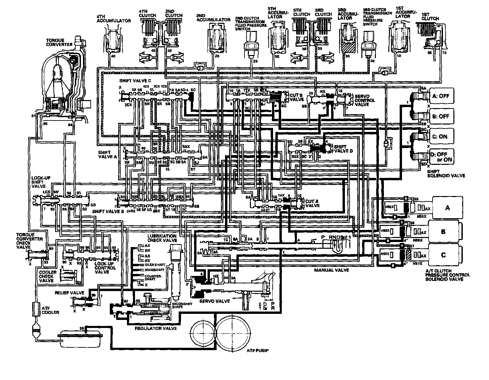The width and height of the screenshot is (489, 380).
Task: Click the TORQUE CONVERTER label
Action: click(59, 42)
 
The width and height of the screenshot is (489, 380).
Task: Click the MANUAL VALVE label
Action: click(331, 270)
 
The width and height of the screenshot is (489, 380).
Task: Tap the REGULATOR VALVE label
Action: click(155, 328)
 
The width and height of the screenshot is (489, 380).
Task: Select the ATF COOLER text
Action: click(50, 310)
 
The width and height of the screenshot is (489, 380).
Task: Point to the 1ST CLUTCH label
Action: click(430, 16)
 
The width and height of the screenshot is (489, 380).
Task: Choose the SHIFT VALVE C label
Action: click(135, 81)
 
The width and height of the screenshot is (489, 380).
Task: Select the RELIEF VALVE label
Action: click(67, 293)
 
